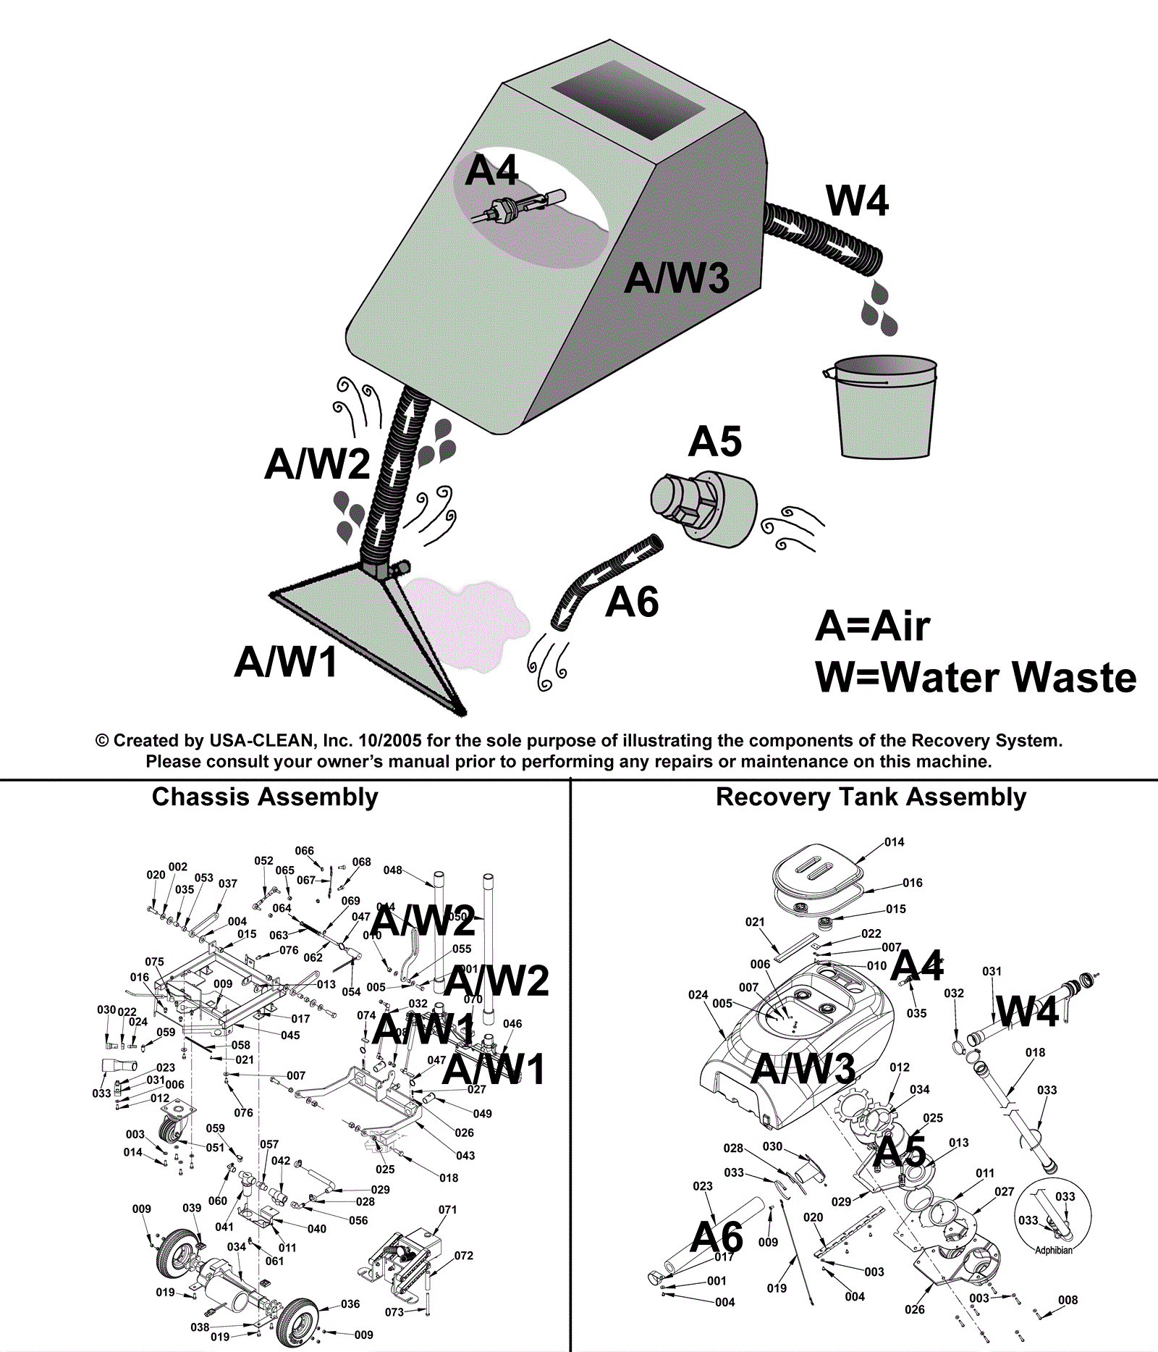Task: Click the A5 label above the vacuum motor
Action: (715, 442)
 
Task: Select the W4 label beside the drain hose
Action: (857, 201)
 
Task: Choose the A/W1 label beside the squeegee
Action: (287, 661)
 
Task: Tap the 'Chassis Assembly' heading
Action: (265, 797)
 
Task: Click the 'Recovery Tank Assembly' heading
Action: (871, 797)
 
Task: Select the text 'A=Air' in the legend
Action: (872, 626)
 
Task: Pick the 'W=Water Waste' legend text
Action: (976, 678)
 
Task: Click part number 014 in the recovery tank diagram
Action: (895, 842)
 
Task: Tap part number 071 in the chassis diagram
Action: (448, 1209)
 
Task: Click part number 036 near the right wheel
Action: (350, 1303)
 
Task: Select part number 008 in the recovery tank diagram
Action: (1068, 1300)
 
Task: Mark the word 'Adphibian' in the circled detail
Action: (1054, 1251)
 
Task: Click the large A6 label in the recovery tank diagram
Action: (717, 1237)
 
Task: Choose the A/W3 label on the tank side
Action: (677, 278)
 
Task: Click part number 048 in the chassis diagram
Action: (393, 870)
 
